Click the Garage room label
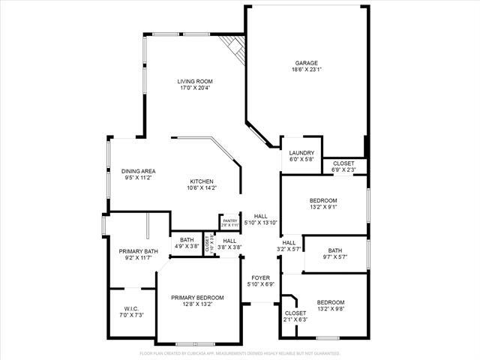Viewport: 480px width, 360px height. click(305, 63)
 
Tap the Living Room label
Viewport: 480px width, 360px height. click(195, 81)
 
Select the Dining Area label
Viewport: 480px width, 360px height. click(138, 171)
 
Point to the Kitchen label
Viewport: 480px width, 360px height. click(202, 181)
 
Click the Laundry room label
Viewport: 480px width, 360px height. click(301, 153)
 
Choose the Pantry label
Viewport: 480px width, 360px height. click(229, 220)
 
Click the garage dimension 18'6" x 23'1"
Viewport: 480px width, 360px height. click(305, 70)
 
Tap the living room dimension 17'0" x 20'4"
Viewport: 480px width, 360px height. click(195, 88)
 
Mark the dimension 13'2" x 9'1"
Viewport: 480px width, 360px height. click(323, 208)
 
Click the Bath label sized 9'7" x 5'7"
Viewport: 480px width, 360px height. click(334, 251)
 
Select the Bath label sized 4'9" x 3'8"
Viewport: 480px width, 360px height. click(187, 240)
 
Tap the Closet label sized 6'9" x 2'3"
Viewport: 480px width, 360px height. click(343, 163)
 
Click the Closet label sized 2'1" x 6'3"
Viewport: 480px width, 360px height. click(295, 313)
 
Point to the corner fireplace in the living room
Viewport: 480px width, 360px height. click(237, 48)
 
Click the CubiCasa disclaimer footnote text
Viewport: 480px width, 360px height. click(240, 353)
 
